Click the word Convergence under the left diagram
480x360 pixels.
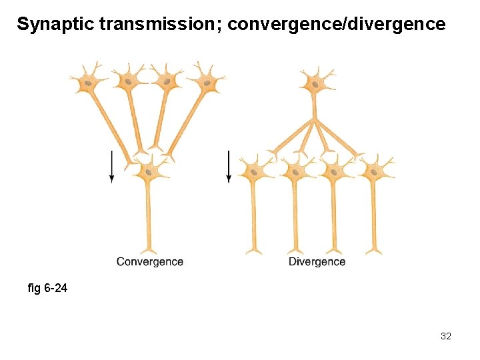tap(149, 261)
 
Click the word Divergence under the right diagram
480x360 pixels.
tap(317, 261)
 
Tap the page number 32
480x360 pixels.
tap(446, 336)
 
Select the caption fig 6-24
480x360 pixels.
tap(47, 289)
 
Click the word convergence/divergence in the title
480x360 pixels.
tap(336, 25)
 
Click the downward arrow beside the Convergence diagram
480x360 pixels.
tap(111, 166)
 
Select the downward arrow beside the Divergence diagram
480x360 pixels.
tap(228, 166)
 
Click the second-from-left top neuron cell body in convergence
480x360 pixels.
tap(127, 81)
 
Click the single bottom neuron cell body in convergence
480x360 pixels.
tap(148, 171)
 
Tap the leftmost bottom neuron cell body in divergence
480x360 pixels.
tap(253, 172)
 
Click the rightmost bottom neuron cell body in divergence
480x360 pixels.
tap(373, 171)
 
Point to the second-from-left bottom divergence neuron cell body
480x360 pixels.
tap(293, 172)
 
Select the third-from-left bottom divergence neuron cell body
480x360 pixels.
tap(333, 172)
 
